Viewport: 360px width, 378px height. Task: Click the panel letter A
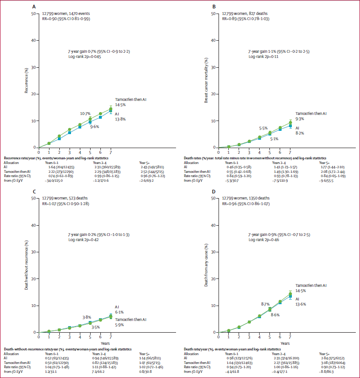click(34, 7)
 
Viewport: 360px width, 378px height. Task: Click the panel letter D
click(213, 192)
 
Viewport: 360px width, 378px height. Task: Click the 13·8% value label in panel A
click(120, 119)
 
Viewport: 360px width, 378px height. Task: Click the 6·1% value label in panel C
click(120, 312)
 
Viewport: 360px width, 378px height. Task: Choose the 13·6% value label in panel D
click(300, 304)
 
